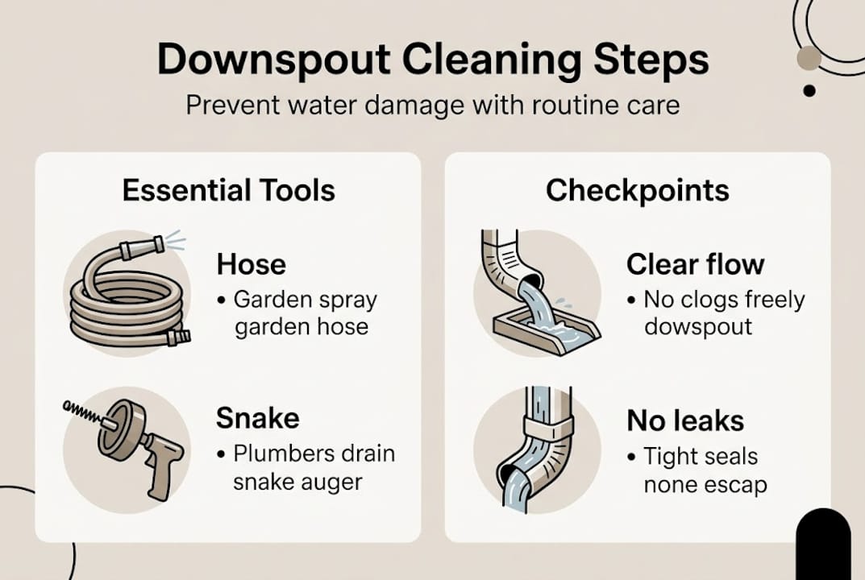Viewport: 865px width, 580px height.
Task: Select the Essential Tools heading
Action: coord(228,190)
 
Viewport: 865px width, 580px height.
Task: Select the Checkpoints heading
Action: coord(637,190)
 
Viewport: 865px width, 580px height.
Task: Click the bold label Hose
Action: coord(252,264)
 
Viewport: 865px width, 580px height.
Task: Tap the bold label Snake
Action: coord(257,418)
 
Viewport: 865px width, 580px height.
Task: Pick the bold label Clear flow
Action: coord(695,264)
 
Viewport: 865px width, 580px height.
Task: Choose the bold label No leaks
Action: coord(684,420)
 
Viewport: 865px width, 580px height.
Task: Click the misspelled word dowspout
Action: coord(697,328)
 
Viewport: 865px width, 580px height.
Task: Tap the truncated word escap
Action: coord(734,486)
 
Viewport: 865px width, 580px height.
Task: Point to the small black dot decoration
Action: coord(809,90)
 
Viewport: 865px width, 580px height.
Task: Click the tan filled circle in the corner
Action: coord(808,59)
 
